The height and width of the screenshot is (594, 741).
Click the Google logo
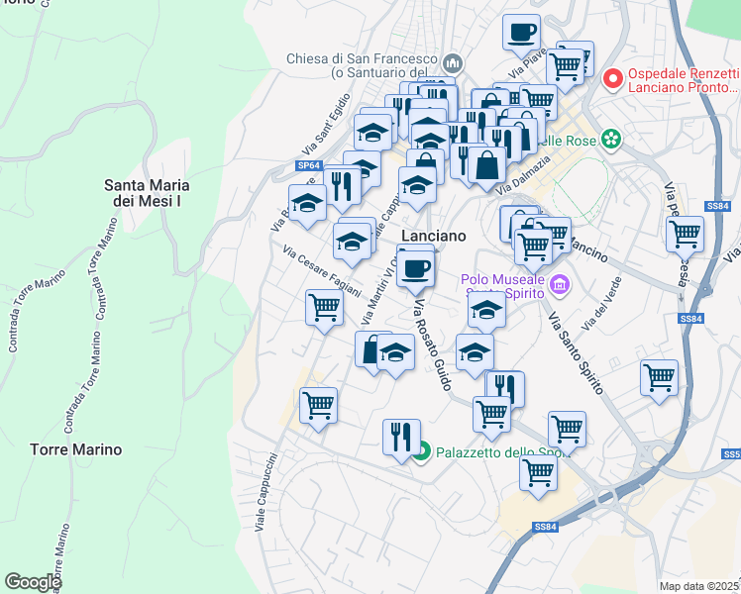coord(33,582)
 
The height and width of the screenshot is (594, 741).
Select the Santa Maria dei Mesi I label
coord(148,192)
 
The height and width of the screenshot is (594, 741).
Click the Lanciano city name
coord(433,236)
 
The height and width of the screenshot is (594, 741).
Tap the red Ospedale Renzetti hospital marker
coord(613,76)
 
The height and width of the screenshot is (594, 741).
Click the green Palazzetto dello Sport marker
coord(422,452)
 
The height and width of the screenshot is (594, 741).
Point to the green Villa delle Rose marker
coord(613,140)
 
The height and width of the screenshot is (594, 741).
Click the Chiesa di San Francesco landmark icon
coord(454,63)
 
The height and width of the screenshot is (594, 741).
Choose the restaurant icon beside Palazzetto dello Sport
coord(401,437)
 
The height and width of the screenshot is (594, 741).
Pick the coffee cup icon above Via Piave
coord(521,32)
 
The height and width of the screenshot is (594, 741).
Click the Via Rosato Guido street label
coord(433,336)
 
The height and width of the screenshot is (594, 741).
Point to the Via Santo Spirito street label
coord(575,354)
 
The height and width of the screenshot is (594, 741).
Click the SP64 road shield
coord(309,166)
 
